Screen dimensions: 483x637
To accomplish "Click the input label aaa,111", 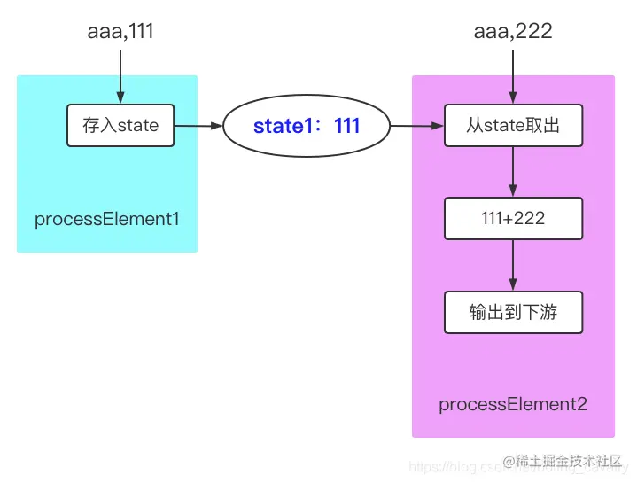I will point(120,32).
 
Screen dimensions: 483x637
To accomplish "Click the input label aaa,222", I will point(513,32).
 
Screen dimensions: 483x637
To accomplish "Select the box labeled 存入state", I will point(120,126).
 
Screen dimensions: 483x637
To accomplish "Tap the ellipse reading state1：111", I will point(307,127).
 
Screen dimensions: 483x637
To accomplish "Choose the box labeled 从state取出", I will point(513,126).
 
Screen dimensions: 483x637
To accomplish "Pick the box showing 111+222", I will point(513,219).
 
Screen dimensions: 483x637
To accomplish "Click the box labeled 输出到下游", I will point(513,313).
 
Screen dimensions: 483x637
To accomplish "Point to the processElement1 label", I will point(106,219).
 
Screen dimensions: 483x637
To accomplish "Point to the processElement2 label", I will point(513,405).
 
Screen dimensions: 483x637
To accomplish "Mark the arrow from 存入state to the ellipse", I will point(198,126).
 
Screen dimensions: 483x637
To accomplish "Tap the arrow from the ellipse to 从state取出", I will point(416,126).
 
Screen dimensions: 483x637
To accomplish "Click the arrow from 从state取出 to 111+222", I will point(513,172).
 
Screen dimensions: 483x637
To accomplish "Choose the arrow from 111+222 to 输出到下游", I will point(513,265).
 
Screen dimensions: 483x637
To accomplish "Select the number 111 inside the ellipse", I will point(346,127).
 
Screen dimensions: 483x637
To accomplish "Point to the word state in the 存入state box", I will point(137,126).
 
